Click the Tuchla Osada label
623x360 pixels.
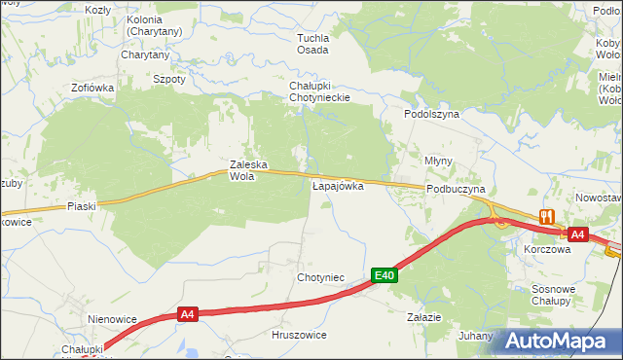313,44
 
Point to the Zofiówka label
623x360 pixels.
92,88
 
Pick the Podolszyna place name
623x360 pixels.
431,114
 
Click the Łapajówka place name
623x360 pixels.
338,185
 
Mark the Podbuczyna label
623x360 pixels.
456,190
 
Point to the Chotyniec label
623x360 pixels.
321,277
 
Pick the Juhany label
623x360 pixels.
476,335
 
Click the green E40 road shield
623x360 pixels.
385,276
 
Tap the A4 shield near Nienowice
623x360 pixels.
189,314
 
